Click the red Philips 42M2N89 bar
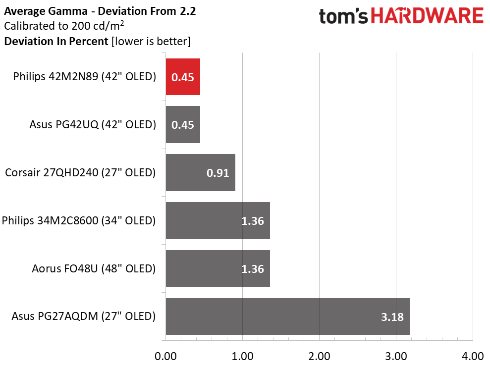click(x=183, y=77)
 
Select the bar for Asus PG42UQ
click(x=183, y=124)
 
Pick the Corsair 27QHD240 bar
click(x=200, y=172)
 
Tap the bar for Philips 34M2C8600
click(x=218, y=220)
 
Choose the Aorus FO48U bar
click(x=218, y=268)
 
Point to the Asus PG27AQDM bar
click(x=287, y=316)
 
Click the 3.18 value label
click(x=392, y=317)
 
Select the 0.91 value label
click(x=218, y=173)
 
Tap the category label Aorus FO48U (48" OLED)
click(x=94, y=268)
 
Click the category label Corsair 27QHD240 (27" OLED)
click(x=80, y=172)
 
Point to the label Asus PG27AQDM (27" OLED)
click(x=83, y=316)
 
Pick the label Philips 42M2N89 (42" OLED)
click(x=84, y=77)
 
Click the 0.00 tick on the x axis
click(x=165, y=356)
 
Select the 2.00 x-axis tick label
click(x=319, y=356)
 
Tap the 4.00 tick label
click(x=473, y=356)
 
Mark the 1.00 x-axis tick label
click(x=242, y=356)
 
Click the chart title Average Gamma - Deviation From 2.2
click(x=100, y=11)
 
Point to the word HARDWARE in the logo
click(x=427, y=16)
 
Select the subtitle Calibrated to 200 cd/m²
click(x=64, y=26)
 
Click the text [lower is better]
click(x=151, y=41)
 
